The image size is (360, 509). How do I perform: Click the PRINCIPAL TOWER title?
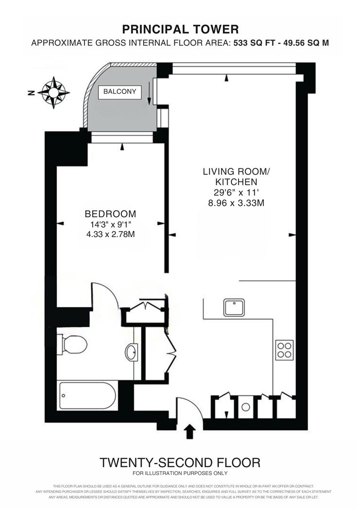pyautogui.click(x=180, y=30)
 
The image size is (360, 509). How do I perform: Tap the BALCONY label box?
pyautogui.click(x=120, y=92)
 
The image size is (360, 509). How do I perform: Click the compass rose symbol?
pyautogui.click(x=54, y=92)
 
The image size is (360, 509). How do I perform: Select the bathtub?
pyautogui.click(x=88, y=395)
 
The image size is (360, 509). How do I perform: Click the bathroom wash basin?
pyautogui.click(x=132, y=352)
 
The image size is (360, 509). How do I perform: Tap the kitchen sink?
pyautogui.click(x=234, y=307)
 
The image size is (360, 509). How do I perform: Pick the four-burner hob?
pyautogui.click(x=284, y=350)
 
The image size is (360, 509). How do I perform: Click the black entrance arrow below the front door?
pyautogui.click(x=189, y=432)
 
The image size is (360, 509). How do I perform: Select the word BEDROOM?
pyautogui.click(x=110, y=214)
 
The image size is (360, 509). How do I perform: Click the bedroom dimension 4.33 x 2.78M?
pyautogui.click(x=110, y=234)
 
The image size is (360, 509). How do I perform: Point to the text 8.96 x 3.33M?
pyautogui.click(x=236, y=203)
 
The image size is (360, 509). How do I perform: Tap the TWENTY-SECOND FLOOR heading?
pyautogui.click(x=180, y=463)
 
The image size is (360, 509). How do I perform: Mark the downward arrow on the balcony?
pyautogui.click(x=149, y=93)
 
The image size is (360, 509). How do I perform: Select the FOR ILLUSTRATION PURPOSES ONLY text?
pyautogui.click(x=180, y=473)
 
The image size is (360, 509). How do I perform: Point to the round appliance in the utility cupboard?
pyautogui.click(x=246, y=407)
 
